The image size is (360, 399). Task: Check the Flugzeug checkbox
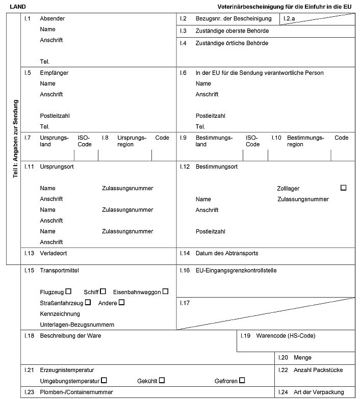click(69, 291)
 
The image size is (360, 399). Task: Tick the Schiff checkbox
click(103, 291)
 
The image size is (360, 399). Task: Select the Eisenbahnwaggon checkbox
click(165, 291)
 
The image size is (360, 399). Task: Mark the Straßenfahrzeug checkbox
click(88, 302)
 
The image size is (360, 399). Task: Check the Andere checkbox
click(121, 302)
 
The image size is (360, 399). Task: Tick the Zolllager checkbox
click(343, 188)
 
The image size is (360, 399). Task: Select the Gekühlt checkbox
click(162, 380)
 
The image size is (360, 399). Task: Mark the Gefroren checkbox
click(242, 380)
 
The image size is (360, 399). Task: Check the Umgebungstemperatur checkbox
click(104, 380)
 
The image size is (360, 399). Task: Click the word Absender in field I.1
click(53, 19)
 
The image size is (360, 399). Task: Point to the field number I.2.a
click(290, 19)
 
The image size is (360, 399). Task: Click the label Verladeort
click(54, 253)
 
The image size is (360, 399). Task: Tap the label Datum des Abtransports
click(227, 253)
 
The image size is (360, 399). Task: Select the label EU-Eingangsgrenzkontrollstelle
click(236, 271)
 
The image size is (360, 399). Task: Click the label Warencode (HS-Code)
click(286, 336)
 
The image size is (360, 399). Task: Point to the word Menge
click(302, 358)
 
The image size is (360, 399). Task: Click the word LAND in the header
click(18, 7)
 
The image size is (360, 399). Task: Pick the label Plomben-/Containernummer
click(76, 392)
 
